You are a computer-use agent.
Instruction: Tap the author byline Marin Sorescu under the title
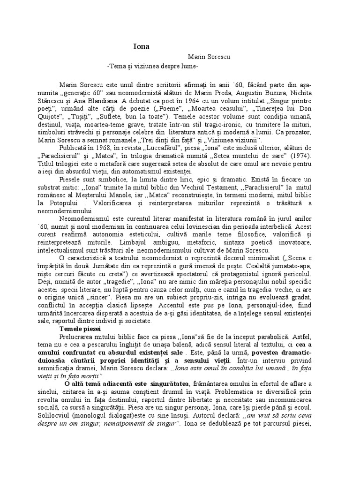[x=208, y=57]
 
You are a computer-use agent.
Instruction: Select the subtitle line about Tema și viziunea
[x=153, y=67]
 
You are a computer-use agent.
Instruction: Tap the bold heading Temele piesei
[x=81, y=330]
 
